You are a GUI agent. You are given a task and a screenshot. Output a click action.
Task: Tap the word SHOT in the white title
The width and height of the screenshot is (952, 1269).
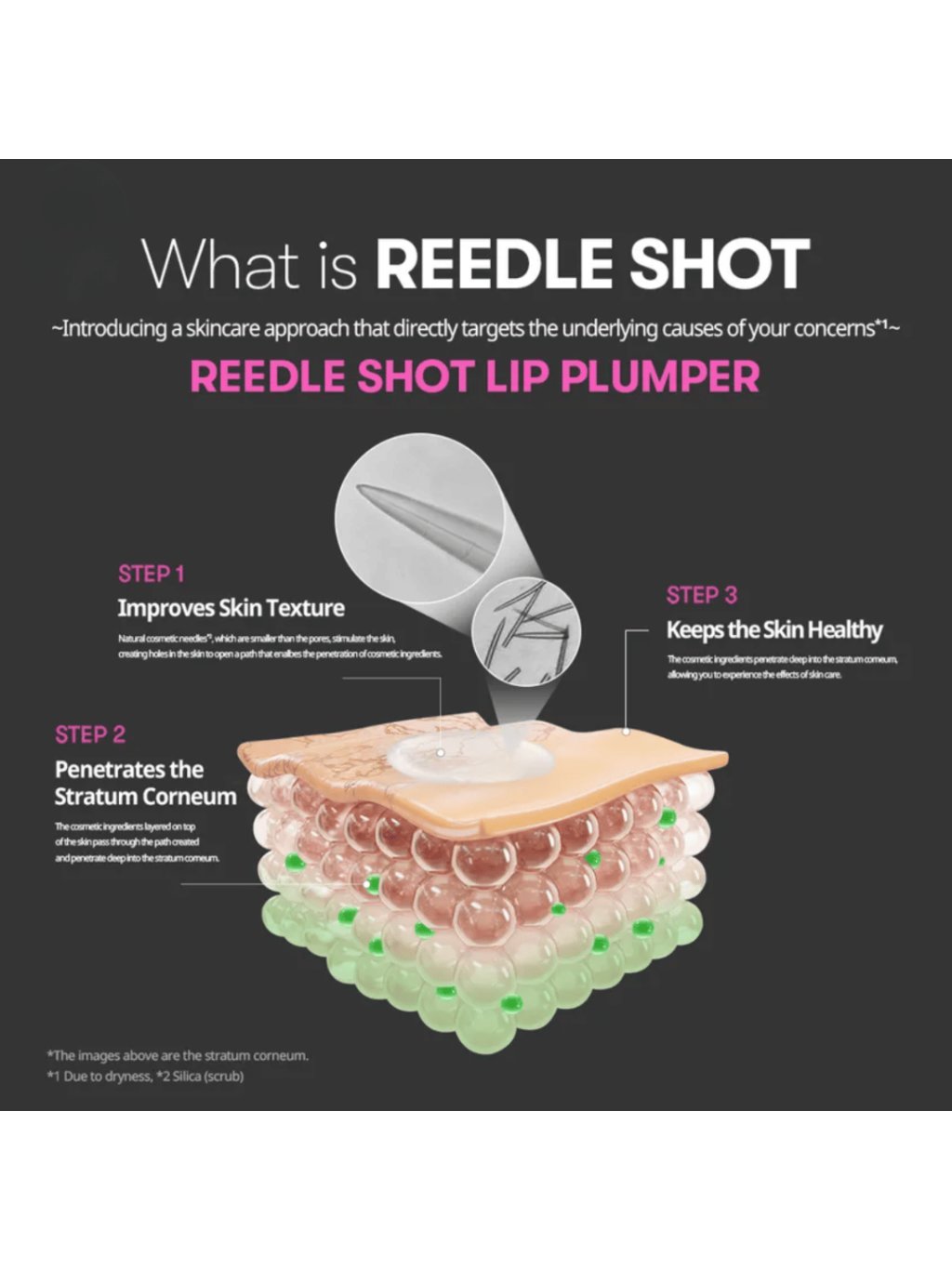[x=719, y=264]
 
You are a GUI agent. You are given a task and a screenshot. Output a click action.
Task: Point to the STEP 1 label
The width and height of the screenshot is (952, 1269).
[x=152, y=574]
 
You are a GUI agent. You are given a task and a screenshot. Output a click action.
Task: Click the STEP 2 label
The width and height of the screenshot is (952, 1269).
[x=90, y=734]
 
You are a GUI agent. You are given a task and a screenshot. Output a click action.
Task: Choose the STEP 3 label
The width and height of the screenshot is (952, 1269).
[x=702, y=595]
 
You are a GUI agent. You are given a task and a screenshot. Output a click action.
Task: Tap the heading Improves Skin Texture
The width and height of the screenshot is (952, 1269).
[x=231, y=608]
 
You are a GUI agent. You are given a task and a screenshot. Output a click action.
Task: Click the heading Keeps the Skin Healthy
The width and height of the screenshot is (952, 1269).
[x=774, y=630]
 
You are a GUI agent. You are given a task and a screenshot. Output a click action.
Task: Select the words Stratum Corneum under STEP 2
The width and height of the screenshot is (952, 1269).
[x=145, y=797]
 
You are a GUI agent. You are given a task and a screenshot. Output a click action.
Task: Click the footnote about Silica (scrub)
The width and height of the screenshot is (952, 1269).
[x=145, y=1077]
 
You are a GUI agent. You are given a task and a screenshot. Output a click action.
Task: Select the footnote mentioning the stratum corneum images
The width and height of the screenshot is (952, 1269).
[x=178, y=1055]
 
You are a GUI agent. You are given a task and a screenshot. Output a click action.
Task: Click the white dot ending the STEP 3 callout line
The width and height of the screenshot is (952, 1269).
[x=627, y=732]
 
